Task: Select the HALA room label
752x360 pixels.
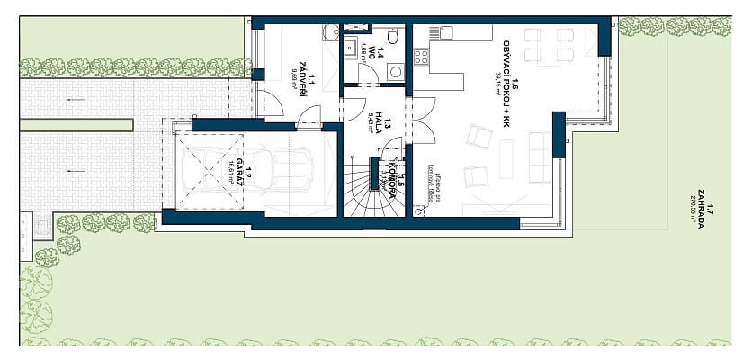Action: click(x=380, y=118)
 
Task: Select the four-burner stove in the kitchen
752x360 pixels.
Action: click(x=420, y=57)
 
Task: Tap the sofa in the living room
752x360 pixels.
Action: click(x=541, y=156)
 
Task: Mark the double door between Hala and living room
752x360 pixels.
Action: click(x=412, y=119)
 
